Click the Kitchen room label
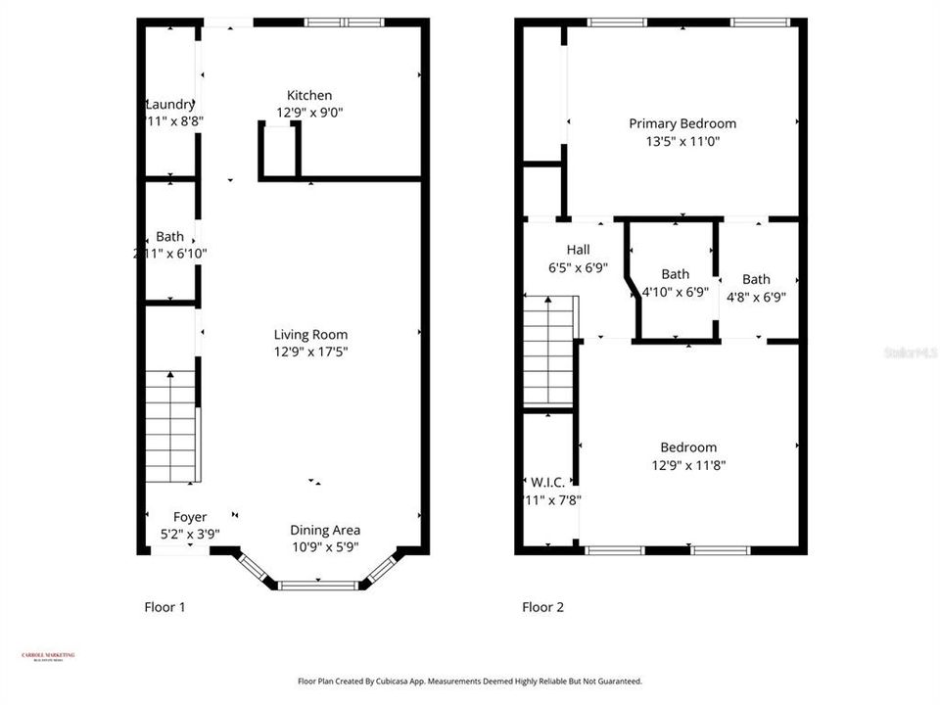308,95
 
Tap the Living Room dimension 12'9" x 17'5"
310,352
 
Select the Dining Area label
325,531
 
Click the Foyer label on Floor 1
190,517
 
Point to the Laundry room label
170,105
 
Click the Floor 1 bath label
169,236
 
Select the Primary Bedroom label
681,123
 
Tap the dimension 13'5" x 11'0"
681,141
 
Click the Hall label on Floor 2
578,249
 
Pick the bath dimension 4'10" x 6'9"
674,292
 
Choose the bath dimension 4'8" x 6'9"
755,296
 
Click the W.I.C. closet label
546,483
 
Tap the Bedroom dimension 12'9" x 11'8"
688,465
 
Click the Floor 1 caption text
164,607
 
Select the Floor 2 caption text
542,607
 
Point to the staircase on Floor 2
548,352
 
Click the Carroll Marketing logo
48,657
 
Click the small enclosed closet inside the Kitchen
279,151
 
